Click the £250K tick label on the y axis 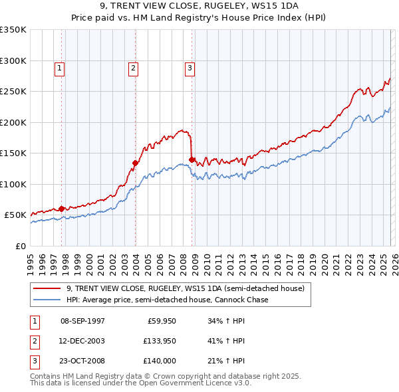coord(13,92)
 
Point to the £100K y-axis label coord(13,184)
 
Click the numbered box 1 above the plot coord(59,67)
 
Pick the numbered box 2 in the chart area coord(133,67)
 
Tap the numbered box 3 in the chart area coord(190,67)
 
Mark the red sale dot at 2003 coord(135,163)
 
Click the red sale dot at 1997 coord(62,209)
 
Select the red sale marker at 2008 coord(192,159)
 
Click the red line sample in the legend coord(47,288)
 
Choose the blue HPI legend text coord(167,300)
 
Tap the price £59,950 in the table coord(160,321)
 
